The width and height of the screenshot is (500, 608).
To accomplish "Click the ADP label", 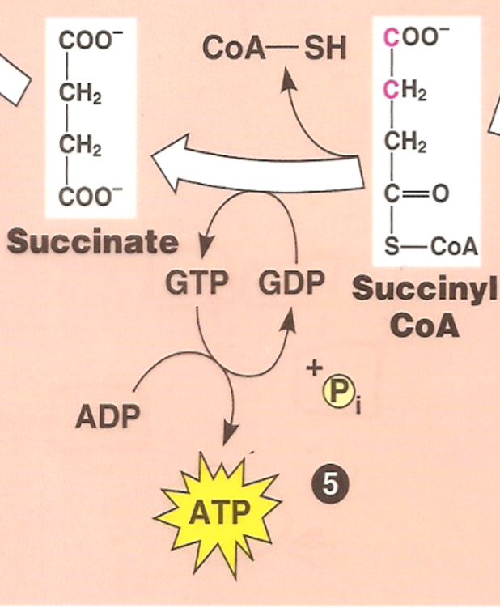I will point(108,418).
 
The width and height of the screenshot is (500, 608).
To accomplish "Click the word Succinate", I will point(91,242).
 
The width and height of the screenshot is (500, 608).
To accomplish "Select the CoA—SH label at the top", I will point(274,49).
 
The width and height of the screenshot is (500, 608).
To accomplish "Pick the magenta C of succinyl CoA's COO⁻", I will point(392,37).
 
